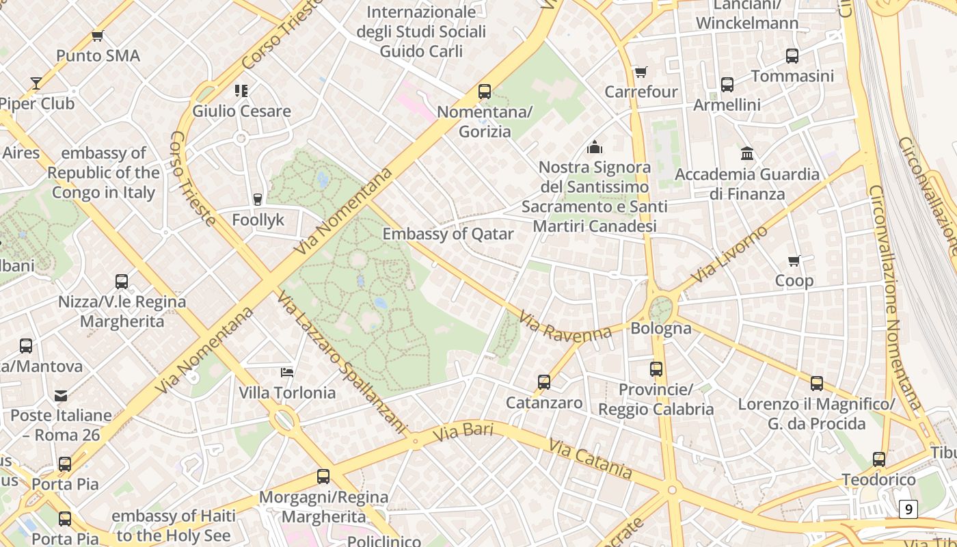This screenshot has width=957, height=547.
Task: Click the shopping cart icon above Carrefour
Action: tap(641, 72)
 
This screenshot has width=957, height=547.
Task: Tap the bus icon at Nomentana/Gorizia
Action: tap(485, 91)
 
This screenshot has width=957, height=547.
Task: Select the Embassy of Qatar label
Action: tap(448, 234)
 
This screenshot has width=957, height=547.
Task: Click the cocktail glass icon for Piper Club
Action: tap(36, 83)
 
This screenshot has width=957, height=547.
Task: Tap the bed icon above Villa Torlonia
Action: tap(287, 373)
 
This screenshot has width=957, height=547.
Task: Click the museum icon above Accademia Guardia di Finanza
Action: tap(747, 154)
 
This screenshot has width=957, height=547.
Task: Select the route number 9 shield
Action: tap(908, 509)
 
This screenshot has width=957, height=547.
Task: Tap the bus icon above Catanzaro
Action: tap(544, 382)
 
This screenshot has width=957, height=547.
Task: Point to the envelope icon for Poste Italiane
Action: tap(61, 395)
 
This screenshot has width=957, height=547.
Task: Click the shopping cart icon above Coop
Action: tap(794, 261)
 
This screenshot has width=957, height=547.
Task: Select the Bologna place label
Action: tap(660, 328)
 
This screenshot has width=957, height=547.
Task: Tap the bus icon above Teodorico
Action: tap(879, 459)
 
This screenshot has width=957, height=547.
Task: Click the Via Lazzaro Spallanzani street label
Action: tap(341, 362)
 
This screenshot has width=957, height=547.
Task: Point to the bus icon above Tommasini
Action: tap(792, 56)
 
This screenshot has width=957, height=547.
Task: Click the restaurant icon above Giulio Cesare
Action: tap(241, 90)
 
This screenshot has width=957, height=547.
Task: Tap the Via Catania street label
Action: tap(590, 458)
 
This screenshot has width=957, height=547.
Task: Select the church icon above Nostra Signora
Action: tap(595, 147)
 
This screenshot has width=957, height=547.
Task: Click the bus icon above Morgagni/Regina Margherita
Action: tap(323, 477)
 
